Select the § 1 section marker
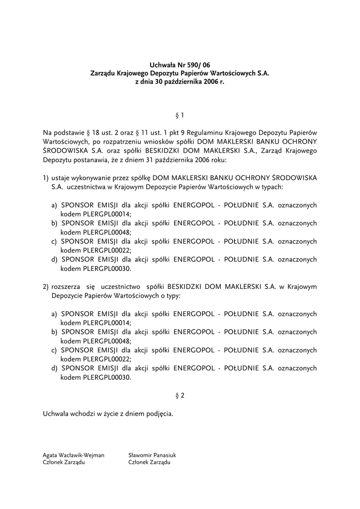coord(180,115)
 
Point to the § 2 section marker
coord(180,396)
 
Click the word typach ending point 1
coord(272,187)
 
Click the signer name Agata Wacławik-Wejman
coord(74,455)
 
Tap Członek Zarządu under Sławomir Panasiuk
coord(149,462)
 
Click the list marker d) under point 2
coord(54,368)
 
